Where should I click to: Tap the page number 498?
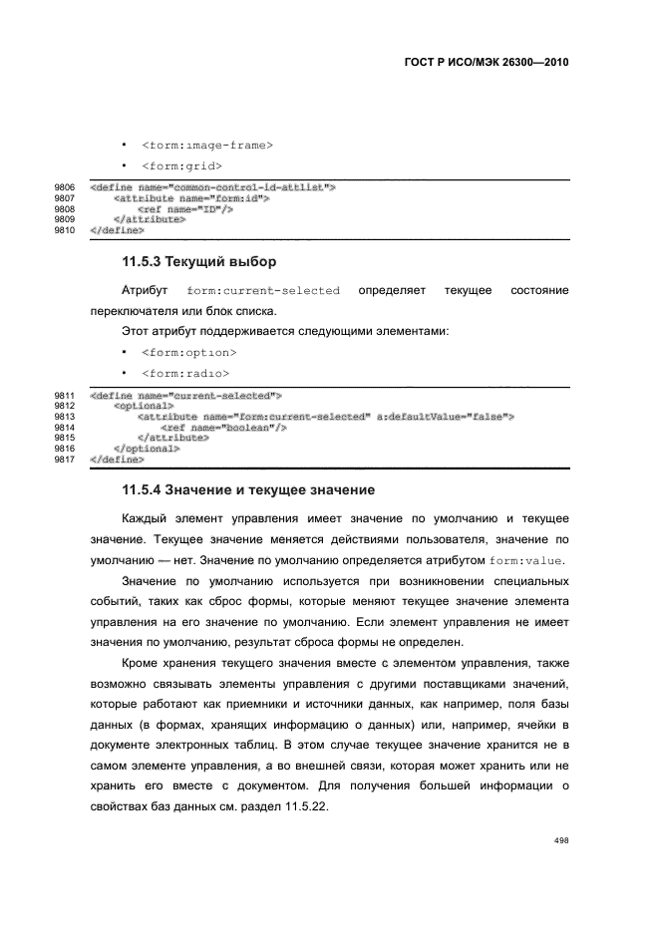pyautogui.click(x=561, y=840)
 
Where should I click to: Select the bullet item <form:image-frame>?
pyautogui.click(x=206, y=146)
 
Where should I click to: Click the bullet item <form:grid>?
pyautogui.click(x=181, y=165)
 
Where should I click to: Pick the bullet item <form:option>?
pyautogui.click(x=188, y=353)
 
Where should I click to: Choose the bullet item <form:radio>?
pyautogui.click(x=185, y=373)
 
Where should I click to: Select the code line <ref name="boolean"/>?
pyautogui.click(x=224, y=428)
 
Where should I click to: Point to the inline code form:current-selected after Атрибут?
pyautogui.click(x=263, y=290)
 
